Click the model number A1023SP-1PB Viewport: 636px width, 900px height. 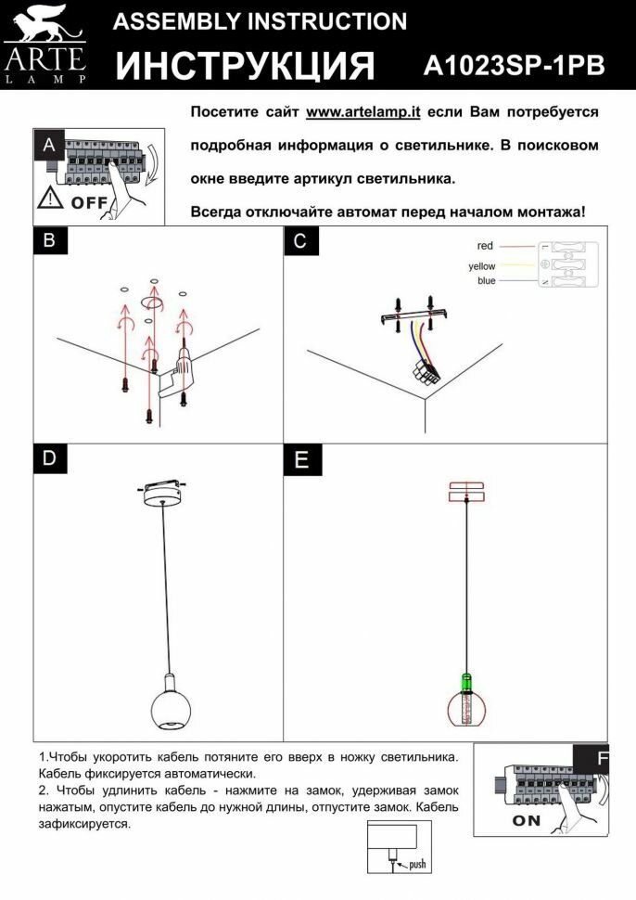click(514, 65)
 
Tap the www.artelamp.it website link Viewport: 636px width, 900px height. click(363, 111)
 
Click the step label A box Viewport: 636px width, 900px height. click(49, 146)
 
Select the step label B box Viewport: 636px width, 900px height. click(49, 241)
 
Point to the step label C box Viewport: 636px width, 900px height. click(299, 241)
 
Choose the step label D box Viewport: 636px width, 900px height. click(49, 458)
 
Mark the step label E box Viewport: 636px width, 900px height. click(299, 458)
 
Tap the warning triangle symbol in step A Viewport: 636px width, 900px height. click(51, 199)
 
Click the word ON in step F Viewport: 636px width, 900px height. click(526, 820)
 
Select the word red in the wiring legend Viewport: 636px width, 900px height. click(485, 246)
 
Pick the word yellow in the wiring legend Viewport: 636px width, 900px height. click(482, 266)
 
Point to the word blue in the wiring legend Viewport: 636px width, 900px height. click(486, 280)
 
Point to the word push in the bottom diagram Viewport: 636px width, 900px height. click(417, 864)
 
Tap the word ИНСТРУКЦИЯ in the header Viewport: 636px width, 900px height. click(246, 66)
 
